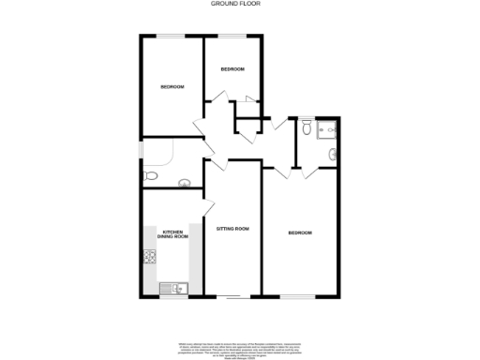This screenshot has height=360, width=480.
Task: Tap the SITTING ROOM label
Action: click(232, 229)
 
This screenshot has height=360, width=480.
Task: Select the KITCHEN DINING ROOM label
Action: click(173, 234)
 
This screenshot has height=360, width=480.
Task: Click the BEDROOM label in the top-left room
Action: click(172, 87)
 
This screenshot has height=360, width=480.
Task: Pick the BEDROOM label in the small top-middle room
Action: click(232, 69)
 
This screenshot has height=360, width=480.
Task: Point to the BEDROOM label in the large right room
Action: click(300, 232)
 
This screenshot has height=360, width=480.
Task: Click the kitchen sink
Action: click(174, 287)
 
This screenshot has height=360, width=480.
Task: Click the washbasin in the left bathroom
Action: click(184, 183)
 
